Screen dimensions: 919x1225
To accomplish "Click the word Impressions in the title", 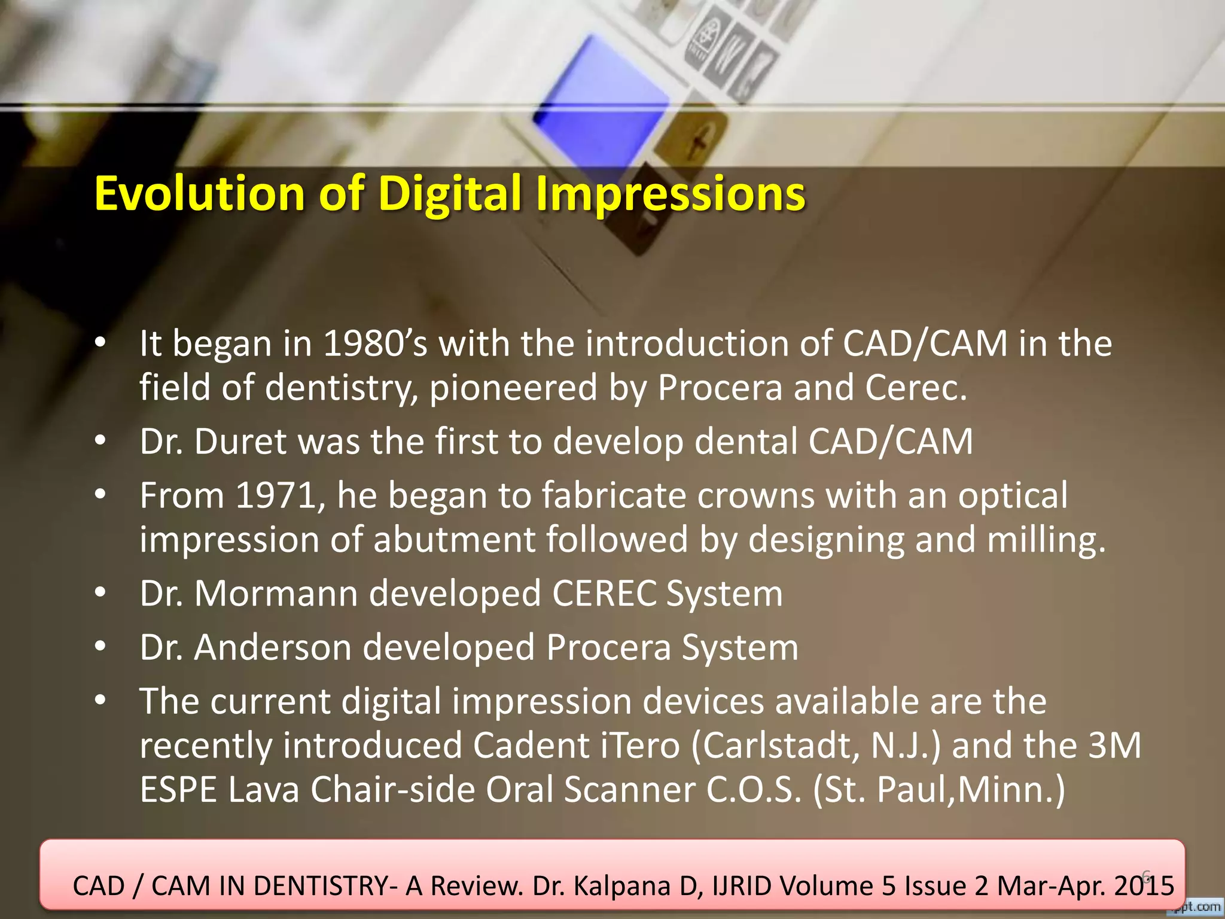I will (670, 194).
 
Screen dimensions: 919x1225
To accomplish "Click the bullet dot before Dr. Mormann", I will (100, 594).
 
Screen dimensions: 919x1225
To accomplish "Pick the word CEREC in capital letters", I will (604, 594).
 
